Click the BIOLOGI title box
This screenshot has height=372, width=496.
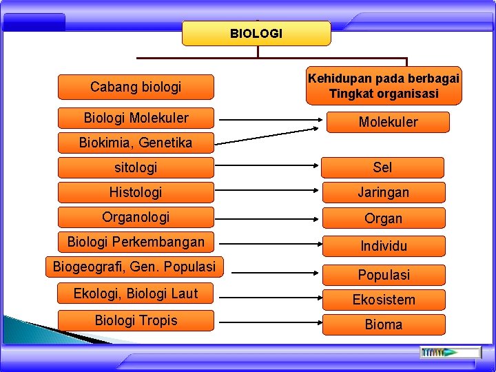click(x=256, y=33)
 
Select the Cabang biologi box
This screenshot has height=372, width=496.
click(x=136, y=87)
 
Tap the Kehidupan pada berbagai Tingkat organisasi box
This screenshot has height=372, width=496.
click(x=384, y=85)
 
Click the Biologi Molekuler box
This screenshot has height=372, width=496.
click(x=136, y=118)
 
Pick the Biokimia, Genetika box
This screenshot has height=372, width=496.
click(x=136, y=143)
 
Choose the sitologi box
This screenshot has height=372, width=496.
click(x=136, y=167)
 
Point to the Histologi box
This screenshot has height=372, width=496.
click(x=136, y=192)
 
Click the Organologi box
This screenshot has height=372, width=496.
click(x=136, y=217)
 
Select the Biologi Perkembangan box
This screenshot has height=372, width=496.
click(x=136, y=242)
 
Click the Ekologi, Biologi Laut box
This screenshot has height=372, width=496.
click(x=136, y=293)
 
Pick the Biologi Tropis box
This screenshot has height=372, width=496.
click(x=136, y=320)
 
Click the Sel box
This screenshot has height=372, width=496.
click(x=383, y=167)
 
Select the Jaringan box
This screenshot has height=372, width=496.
click(x=383, y=192)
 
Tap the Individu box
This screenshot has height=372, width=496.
click(x=383, y=246)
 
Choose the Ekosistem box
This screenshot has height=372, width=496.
click(x=383, y=300)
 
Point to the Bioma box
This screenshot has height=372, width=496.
click(x=383, y=324)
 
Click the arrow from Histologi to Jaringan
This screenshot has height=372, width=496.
click(x=267, y=192)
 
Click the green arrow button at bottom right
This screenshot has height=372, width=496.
click(x=442, y=352)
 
